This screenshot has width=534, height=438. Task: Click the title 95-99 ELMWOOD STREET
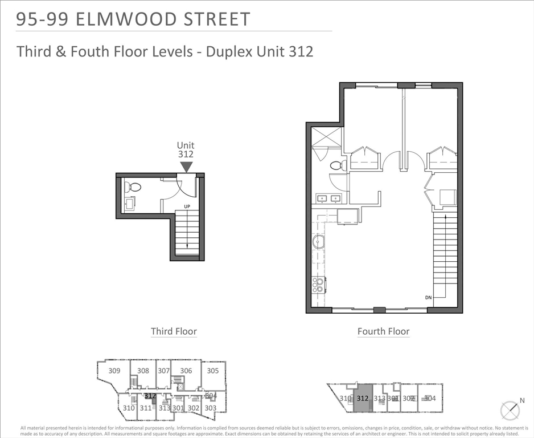133,19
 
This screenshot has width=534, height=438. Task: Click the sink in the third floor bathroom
129,203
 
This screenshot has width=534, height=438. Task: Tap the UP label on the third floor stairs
186,206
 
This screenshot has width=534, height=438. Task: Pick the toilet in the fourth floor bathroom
337,165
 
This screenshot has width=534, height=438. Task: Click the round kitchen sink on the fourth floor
318,241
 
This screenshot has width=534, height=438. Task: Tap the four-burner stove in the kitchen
318,285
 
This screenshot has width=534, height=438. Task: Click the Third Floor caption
174,331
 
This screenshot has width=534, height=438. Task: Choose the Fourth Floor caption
383,331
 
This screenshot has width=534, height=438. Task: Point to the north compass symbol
510,411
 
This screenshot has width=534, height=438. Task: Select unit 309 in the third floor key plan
114,371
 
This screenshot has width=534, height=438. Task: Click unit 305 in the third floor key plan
212,371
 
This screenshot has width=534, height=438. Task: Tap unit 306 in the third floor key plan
186,371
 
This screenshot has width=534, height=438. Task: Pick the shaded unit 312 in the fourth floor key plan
362,399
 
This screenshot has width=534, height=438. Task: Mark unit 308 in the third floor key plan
143,371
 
